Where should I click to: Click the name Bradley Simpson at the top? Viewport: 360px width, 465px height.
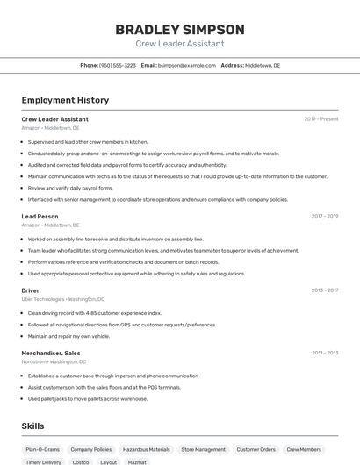click(180, 29)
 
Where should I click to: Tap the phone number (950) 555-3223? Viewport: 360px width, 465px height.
click(118, 66)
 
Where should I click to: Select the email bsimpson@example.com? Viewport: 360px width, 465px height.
click(186, 66)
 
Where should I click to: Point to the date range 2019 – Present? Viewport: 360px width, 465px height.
click(321, 119)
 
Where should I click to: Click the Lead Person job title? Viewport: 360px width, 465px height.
click(40, 216)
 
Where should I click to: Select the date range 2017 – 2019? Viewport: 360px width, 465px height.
click(325, 216)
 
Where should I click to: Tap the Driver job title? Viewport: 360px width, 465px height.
click(31, 290)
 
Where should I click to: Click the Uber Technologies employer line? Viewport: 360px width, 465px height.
click(63, 299)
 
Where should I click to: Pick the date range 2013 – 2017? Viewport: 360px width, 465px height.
click(325, 290)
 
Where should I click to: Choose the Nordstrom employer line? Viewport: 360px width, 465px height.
click(54, 361)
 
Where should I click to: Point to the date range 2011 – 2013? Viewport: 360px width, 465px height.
click(325, 353)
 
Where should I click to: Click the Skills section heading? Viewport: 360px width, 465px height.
click(33, 426)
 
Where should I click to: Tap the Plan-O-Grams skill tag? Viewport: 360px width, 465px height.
click(42, 450)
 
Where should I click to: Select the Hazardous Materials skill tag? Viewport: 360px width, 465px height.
click(147, 450)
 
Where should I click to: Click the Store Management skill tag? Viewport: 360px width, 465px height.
click(203, 450)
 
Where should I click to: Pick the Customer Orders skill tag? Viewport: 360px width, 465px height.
click(256, 450)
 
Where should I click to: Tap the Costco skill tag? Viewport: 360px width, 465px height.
click(81, 461)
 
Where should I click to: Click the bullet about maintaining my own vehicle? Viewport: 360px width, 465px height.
click(68, 336)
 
